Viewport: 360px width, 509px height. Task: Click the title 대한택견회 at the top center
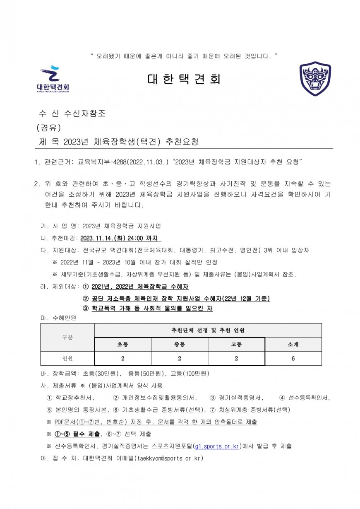click(x=184, y=79)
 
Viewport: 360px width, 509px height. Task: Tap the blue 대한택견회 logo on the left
click(x=53, y=79)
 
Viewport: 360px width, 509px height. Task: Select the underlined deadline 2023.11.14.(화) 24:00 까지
click(x=120, y=238)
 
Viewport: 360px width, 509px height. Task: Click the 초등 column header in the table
click(x=122, y=344)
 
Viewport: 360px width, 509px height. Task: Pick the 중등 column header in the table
click(x=179, y=344)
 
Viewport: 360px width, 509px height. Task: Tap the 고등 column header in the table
click(x=236, y=344)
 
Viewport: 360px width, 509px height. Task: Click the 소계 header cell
click(x=293, y=344)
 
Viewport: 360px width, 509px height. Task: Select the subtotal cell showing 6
click(x=293, y=358)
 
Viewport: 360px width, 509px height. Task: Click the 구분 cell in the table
click(x=67, y=337)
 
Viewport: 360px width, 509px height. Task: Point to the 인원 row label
click(x=67, y=358)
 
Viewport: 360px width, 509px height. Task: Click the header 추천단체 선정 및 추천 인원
click(x=208, y=330)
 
